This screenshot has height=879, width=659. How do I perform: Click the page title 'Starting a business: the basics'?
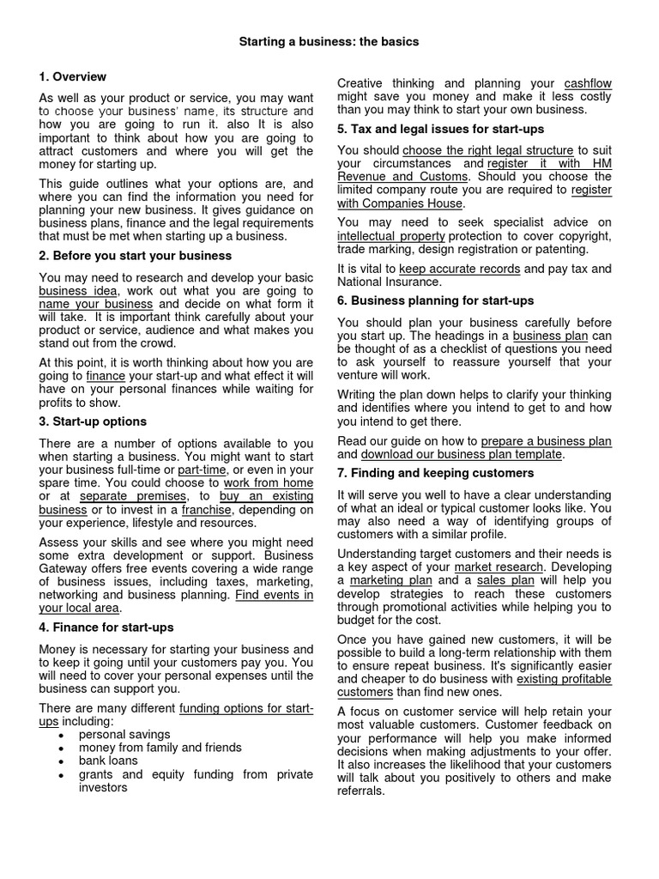329,41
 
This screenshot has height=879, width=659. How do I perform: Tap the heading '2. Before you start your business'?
135,256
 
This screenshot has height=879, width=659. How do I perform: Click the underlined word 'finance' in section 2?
107,376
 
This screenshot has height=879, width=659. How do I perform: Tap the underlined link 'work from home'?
269,483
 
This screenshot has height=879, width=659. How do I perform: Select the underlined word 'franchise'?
207,510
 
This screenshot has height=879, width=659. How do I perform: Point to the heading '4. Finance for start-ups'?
106,627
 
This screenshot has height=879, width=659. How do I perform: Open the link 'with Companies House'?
401,203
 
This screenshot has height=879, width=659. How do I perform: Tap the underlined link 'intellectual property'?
391,236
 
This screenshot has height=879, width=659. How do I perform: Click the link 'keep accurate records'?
460,269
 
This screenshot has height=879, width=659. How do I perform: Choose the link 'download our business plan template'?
462,454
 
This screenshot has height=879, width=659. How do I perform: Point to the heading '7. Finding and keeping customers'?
435,473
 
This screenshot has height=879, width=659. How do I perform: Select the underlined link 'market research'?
499,567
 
